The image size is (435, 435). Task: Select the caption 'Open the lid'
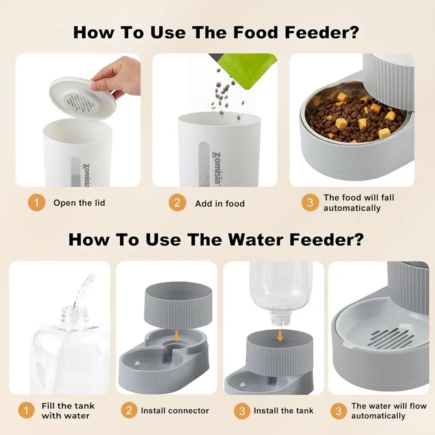point(79,203)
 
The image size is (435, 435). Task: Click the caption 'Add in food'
point(220,203)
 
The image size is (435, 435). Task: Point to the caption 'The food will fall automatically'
point(358,203)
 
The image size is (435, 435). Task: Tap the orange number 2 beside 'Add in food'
point(177,203)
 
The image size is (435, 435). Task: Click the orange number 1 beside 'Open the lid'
point(37,203)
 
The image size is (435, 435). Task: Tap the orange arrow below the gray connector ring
point(177,335)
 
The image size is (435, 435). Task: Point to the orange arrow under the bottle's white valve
point(280,335)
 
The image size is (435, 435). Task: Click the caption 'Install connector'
point(175,411)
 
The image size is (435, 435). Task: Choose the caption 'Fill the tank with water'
point(68,411)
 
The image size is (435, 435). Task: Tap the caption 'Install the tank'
point(283,411)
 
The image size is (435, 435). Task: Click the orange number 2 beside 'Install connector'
point(129,411)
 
